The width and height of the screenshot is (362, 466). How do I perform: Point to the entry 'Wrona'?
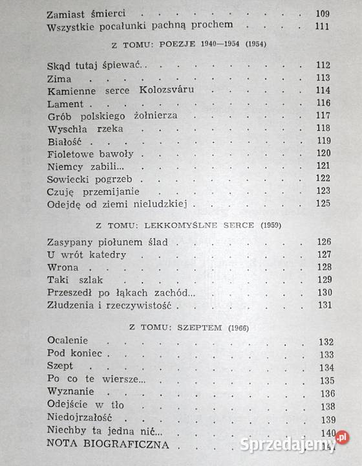(63, 267)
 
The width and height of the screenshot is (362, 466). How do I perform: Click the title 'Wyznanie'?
(71, 392)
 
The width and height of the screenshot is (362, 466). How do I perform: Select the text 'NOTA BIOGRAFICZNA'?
(108, 445)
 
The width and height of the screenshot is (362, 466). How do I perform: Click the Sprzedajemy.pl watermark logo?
(293, 444)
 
